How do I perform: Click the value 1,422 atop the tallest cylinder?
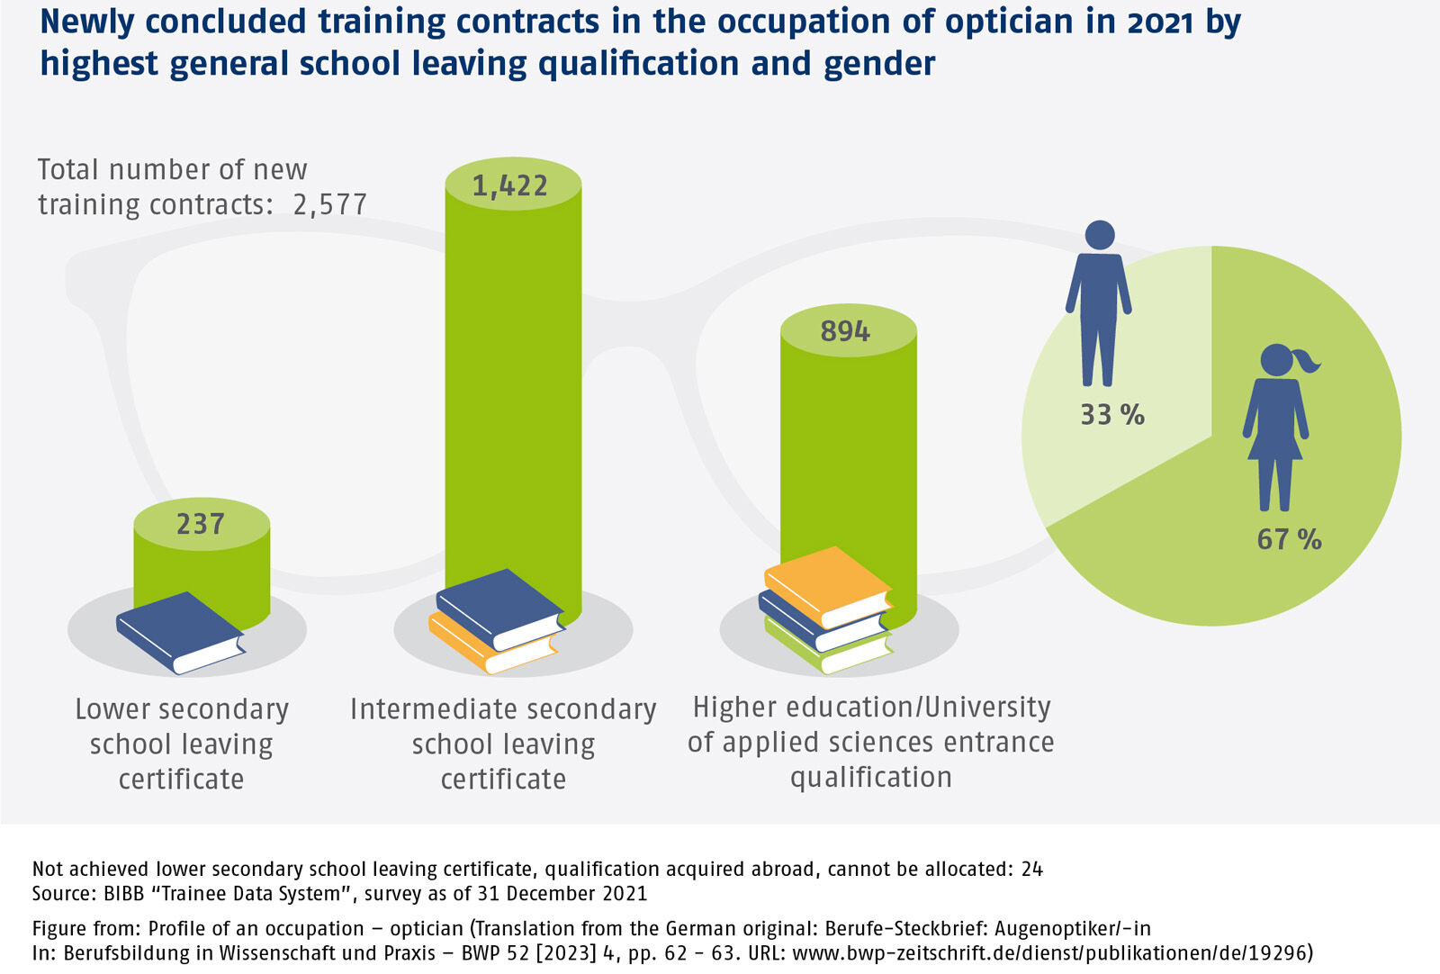tap(509, 185)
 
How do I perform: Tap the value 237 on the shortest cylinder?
tap(200, 524)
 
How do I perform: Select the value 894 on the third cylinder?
tap(845, 331)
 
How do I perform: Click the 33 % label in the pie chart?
tap(1112, 415)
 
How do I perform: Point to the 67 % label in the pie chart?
tap(1289, 539)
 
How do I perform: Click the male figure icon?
tap(1099, 302)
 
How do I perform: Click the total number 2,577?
tap(330, 205)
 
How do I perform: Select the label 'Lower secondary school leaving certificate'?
tap(182, 744)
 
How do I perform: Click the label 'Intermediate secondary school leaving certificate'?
tap(503, 744)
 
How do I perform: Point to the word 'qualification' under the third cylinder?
tap(870, 777)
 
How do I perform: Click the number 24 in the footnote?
tap(1031, 869)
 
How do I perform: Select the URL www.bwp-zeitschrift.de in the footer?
tap(900, 953)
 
